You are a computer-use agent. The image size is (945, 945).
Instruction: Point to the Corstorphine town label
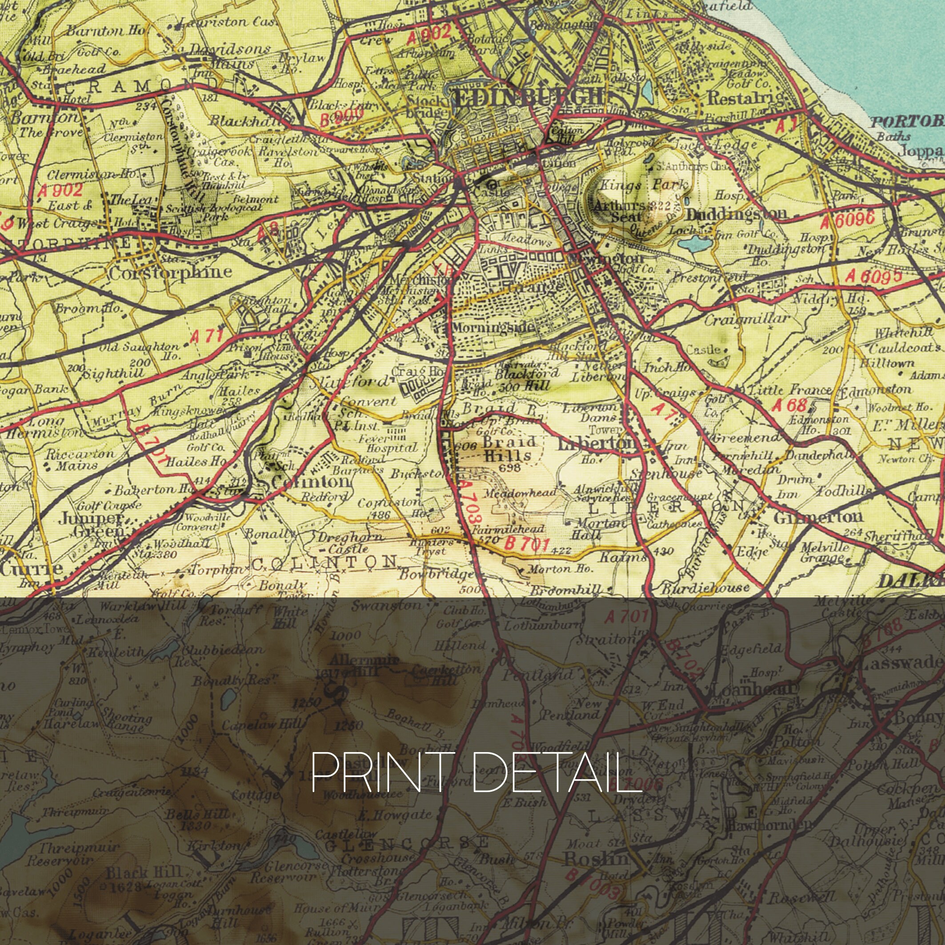pyautogui.click(x=170, y=272)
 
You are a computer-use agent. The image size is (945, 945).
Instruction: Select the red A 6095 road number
pyautogui.click(x=873, y=277)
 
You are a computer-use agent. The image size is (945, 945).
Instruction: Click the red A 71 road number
pyautogui.click(x=206, y=336)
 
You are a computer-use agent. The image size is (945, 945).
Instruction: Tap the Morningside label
pyautogui.click(x=493, y=327)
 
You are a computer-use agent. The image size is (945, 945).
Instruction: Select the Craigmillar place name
pyautogui.click(x=746, y=320)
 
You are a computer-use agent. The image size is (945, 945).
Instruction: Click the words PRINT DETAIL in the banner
pyautogui.click(x=469, y=773)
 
